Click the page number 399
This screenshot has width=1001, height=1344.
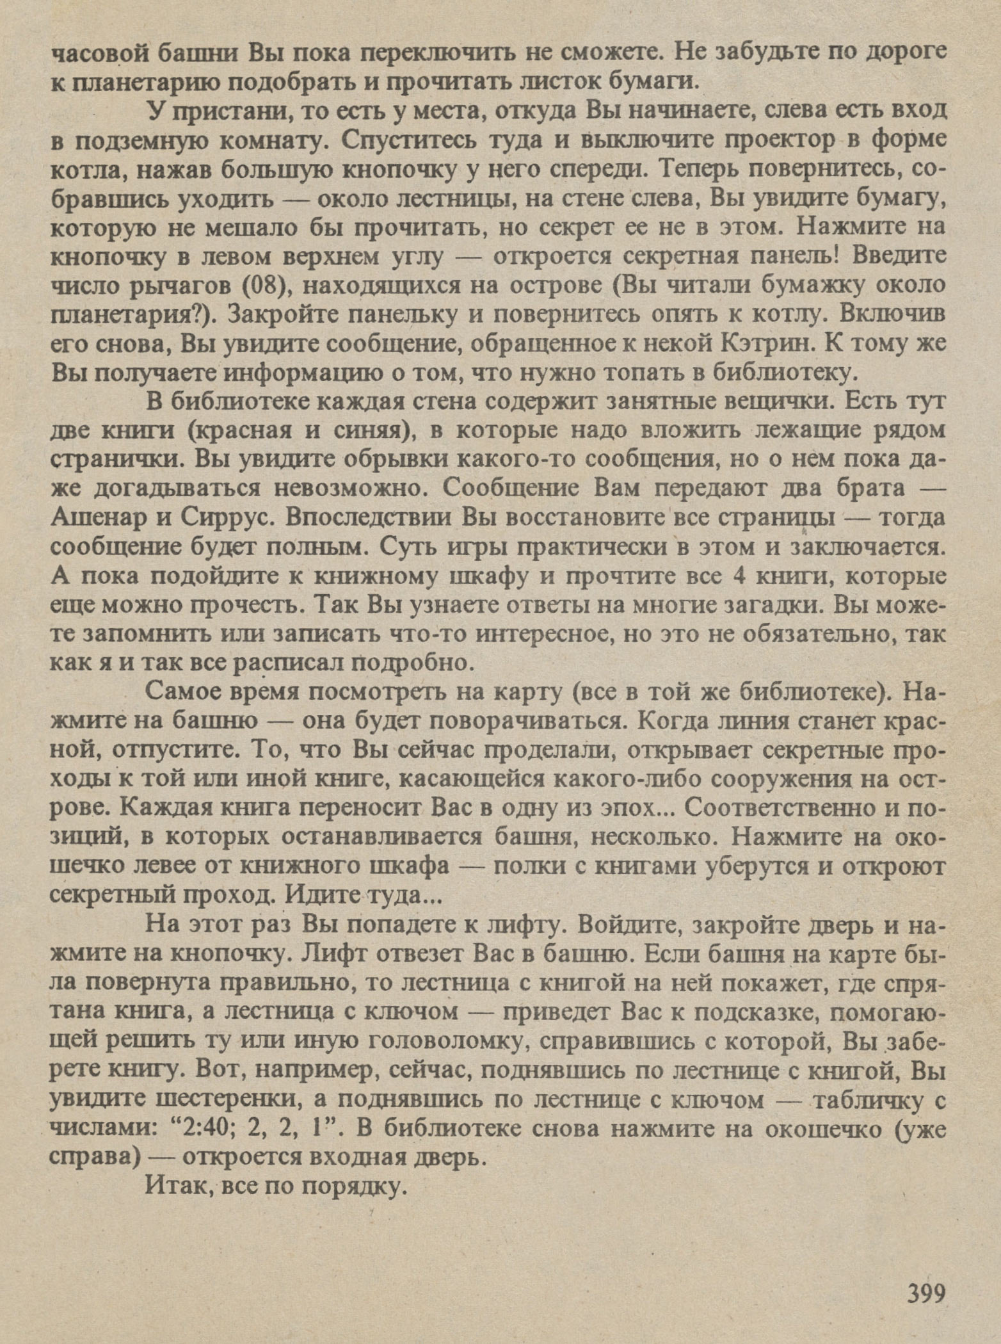pyautogui.click(x=925, y=1293)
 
